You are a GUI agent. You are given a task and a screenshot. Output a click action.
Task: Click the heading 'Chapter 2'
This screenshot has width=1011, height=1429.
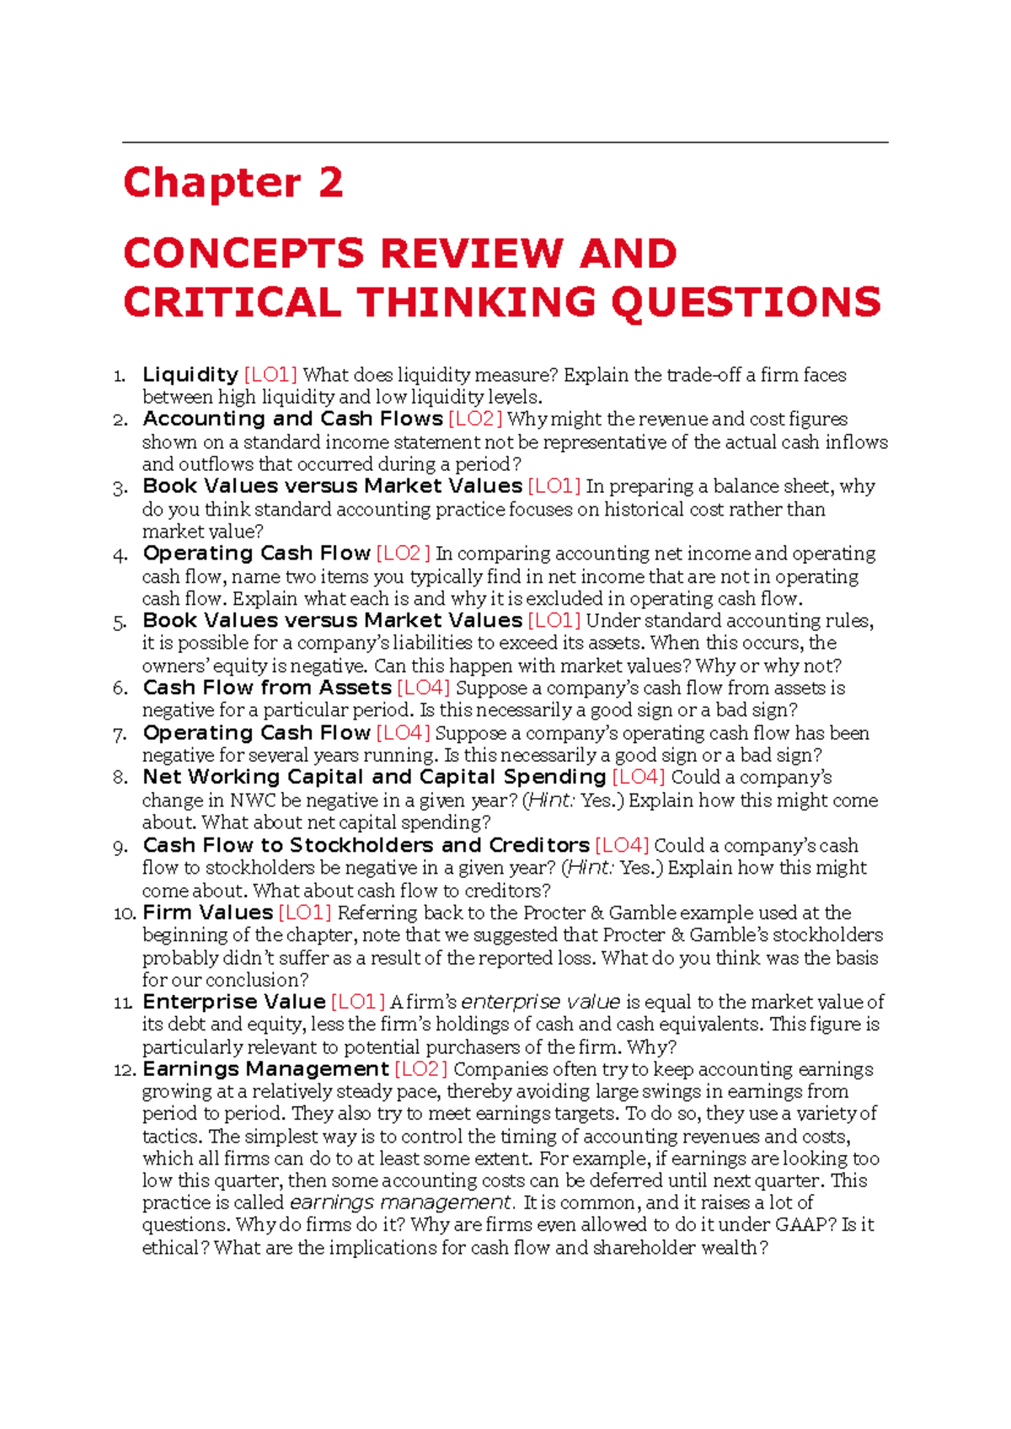point(233,183)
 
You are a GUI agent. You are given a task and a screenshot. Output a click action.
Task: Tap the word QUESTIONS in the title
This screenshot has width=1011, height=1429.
point(746,302)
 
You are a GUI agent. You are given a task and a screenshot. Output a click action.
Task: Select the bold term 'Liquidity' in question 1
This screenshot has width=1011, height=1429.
point(190,375)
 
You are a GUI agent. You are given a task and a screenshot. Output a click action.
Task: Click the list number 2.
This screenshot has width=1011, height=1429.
point(120,420)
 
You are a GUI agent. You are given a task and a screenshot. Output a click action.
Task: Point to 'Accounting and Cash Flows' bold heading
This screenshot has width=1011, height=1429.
point(292,419)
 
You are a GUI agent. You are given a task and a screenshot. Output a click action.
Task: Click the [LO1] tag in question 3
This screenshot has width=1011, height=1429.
point(554,486)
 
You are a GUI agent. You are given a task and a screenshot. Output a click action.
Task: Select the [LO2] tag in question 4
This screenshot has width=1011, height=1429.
point(403,554)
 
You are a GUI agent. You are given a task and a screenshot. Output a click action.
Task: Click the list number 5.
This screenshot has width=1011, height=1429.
point(120,622)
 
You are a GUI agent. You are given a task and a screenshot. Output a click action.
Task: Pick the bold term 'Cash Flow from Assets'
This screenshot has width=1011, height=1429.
point(267,688)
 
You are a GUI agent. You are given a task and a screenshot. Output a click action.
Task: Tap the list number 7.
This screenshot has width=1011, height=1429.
point(120,734)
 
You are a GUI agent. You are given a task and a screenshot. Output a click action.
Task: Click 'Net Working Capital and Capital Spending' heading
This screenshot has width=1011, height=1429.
point(374,777)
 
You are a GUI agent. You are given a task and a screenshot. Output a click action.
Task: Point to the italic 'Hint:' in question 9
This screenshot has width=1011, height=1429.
point(590,868)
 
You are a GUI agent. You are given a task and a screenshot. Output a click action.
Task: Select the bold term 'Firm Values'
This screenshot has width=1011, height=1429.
point(207,913)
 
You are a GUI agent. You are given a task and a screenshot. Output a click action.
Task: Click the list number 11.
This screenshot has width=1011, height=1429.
point(123,1003)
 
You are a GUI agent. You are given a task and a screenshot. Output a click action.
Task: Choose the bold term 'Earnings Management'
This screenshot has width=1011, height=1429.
point(265,1069)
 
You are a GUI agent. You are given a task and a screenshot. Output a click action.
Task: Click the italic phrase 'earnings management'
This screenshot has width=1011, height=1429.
point(400,1202)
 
